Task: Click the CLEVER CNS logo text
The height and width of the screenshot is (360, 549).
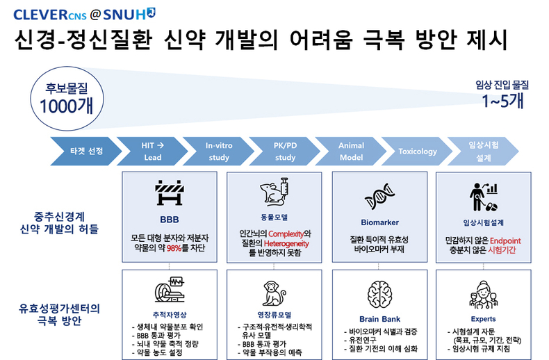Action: [50, 15]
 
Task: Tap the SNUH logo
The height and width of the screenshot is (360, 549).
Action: [129, 14]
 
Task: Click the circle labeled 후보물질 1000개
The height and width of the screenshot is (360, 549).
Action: [67, 99]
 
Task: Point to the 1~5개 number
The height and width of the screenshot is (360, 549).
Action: [502, 101]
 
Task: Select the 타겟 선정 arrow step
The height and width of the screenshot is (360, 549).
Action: [86, 152]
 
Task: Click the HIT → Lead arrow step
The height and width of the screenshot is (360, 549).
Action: [152, 152]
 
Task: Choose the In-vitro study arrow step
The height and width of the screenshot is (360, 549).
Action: [218, 152]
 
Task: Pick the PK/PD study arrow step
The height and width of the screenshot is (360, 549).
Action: [285, 152]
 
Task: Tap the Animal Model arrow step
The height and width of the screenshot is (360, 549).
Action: [351, 152]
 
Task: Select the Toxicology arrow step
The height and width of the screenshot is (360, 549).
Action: [417, 152]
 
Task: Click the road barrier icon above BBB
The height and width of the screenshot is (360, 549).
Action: [170, 193]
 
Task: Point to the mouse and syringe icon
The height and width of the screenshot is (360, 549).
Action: [274, 191]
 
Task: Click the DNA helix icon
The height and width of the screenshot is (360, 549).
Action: [379, 196]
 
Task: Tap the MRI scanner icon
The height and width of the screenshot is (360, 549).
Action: [170, 289]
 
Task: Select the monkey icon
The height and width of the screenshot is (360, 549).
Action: [274, 293]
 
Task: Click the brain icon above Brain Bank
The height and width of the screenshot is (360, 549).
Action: [379, 295]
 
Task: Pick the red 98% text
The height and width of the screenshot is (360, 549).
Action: [174, 248]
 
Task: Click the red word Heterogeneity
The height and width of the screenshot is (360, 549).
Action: [286, 243]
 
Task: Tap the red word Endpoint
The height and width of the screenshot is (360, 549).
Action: [505, 240]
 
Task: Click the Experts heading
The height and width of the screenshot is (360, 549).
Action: [484, 319]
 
